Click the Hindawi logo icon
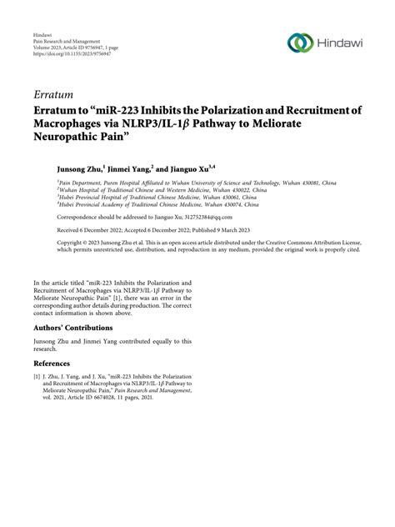pos(297,43)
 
